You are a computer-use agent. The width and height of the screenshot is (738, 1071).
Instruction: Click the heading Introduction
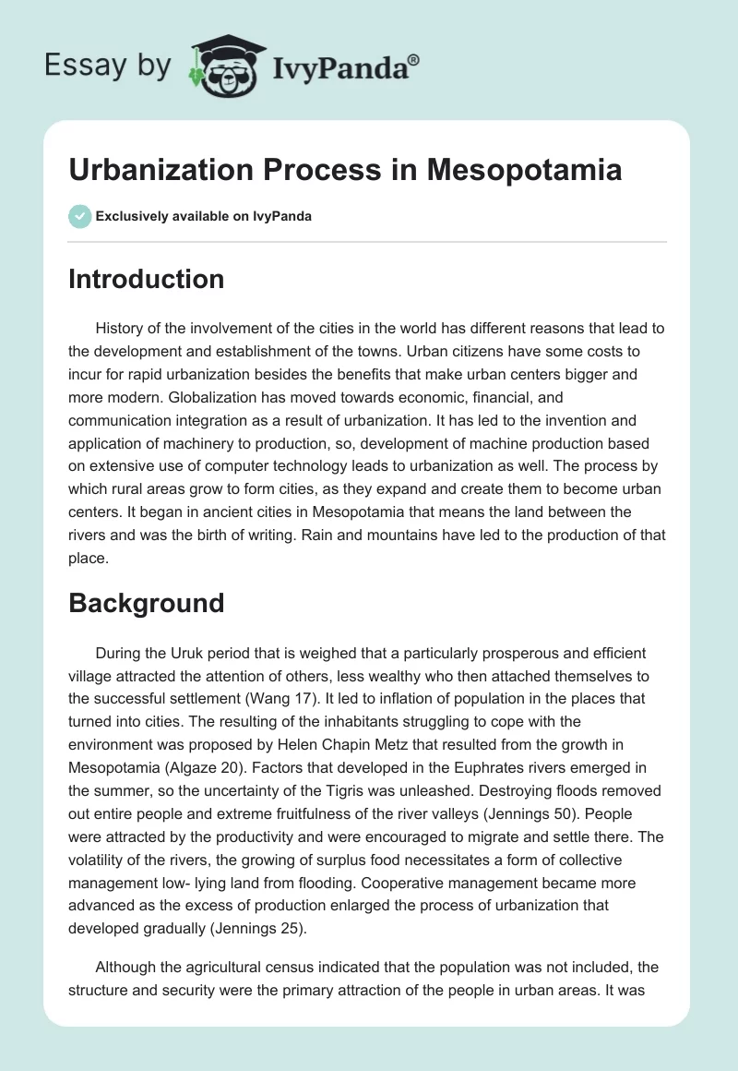[x=146, y=279]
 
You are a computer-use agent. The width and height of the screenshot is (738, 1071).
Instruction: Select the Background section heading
[x=146, y=603]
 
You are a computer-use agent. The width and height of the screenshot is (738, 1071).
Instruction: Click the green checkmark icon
[x=79, y=216]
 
